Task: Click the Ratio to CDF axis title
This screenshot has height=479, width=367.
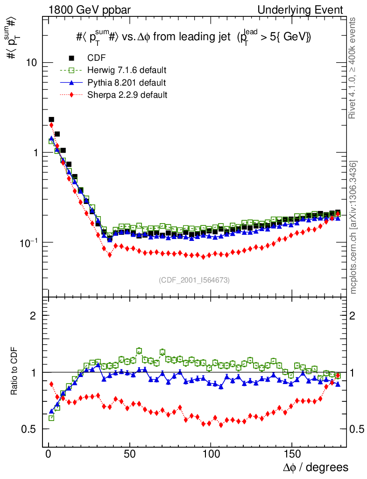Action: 15,371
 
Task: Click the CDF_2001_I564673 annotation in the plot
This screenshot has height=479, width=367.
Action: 194,280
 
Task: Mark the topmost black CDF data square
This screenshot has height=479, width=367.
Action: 51,120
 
